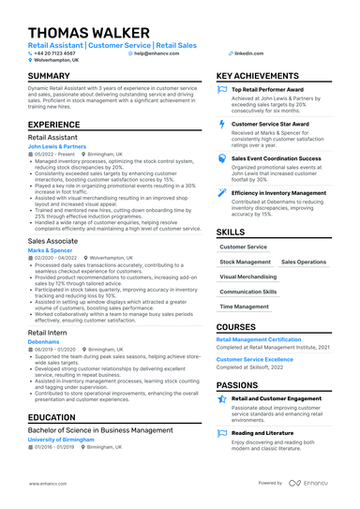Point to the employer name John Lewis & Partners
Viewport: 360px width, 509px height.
[x=59, y=147]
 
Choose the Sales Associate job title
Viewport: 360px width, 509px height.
[x=52, y=241]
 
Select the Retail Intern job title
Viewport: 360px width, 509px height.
[x=48, y=334]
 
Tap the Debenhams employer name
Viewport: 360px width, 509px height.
[x=43, y=342]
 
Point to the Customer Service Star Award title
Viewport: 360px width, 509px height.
[x=272, y=124]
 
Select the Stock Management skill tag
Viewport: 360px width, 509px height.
[x=245, y=262]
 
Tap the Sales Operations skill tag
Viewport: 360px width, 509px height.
[x=304, y=262]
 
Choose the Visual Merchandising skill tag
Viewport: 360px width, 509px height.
[x=250, y=277]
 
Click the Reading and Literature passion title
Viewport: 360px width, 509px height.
[x=269, y=433]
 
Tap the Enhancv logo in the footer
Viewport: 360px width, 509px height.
[x=314, y=484]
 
